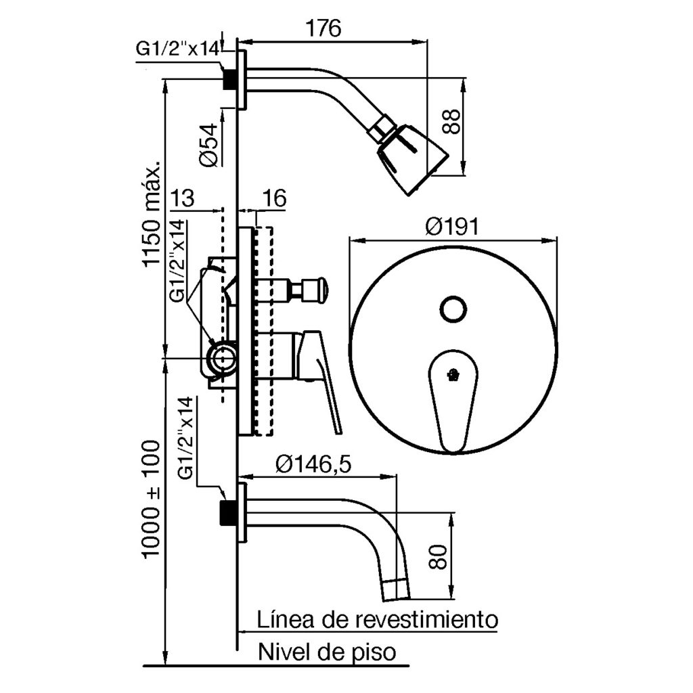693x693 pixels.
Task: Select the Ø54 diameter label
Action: click(x=208, y=143)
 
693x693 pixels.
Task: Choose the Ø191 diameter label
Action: click(x=452, y=225)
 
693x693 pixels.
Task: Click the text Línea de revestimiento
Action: click(x=378, y=619)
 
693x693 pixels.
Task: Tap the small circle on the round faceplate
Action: click(x=452, y=309)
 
